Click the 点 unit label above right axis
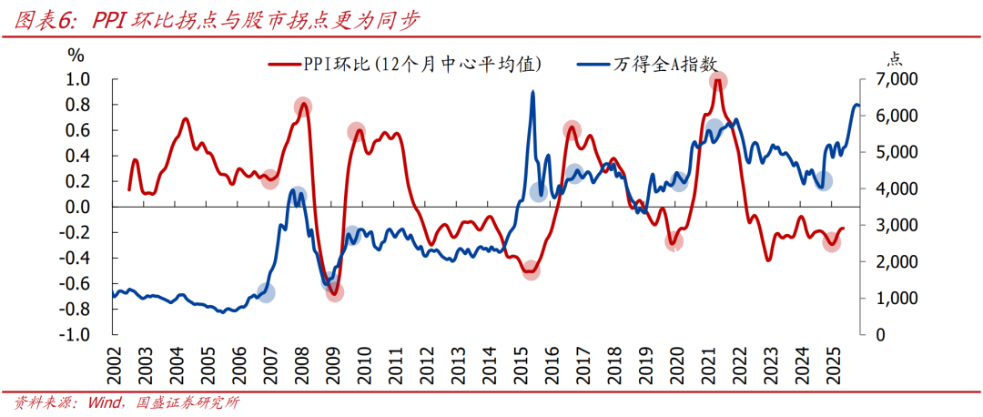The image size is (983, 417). coord(895,57)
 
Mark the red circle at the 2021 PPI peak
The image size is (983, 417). coord(719,81)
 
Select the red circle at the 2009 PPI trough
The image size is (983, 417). coord(334,291)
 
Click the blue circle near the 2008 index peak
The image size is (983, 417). coord(298,196)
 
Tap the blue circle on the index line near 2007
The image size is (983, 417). coord(266,292)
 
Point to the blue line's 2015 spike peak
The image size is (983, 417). coord(532,92)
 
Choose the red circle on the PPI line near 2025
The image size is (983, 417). coord(832,242)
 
